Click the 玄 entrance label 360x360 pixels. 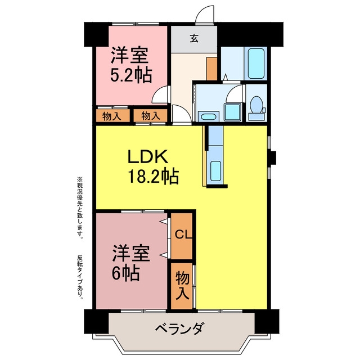(194, 38)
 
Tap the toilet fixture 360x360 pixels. (256, 107)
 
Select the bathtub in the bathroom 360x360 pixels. (256, 64)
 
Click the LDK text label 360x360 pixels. (147, 156)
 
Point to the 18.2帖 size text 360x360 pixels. (154, 176)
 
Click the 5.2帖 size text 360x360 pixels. (131, 75)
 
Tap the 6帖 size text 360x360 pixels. (125, 273)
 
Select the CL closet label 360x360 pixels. (183, 235)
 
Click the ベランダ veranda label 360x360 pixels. (179, 328)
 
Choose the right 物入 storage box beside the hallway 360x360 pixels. (150, 115)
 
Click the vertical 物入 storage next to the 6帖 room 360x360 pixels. (182, 285)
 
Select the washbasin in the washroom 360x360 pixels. (208, 116)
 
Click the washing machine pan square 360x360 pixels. (233, 112)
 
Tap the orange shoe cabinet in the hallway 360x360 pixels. (211, 69)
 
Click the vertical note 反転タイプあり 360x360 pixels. (80, 277)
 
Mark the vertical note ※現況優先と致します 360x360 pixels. (80, 208)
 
